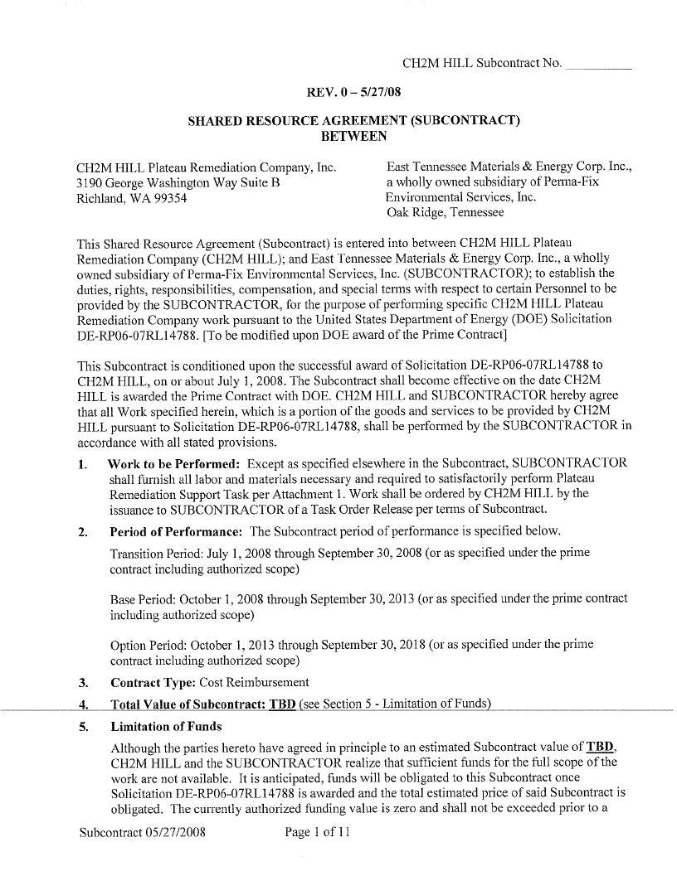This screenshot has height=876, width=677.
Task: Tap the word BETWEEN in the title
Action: click(x=353, y=135)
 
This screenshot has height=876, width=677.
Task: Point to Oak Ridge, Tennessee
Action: click(x=445, y=212)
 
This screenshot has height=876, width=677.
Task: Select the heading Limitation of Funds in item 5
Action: click(x=166, y=727)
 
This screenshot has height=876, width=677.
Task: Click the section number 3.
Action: click(x=83, y=683)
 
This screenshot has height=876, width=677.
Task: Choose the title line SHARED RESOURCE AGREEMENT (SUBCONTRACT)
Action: click(x=353, y=120)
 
